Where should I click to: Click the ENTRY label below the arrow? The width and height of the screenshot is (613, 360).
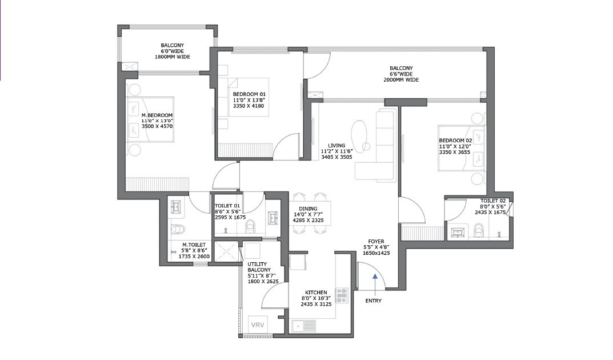tap(374, 301)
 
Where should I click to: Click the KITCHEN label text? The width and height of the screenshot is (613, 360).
tap(315, 291)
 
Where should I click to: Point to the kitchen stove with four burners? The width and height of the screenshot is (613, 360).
tap(342, 295)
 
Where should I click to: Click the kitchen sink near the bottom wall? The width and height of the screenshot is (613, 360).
tap(303, 326)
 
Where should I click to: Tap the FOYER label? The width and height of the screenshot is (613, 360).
tap(376, 241)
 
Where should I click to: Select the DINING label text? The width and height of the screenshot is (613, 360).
tap(307, 209)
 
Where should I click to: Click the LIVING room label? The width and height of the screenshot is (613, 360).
tap(328, 145)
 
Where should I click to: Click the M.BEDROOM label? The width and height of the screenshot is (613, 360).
tap(157, 115)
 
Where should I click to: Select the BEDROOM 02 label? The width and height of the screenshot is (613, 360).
tap(455, 141)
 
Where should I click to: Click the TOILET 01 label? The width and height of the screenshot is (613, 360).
tap(226, 205)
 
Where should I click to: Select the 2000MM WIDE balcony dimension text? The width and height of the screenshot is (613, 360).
tap(401, 80)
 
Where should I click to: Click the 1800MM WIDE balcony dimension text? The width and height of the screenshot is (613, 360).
tap(172, 57)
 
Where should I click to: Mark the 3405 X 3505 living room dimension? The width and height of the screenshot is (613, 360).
tap(336, 157)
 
